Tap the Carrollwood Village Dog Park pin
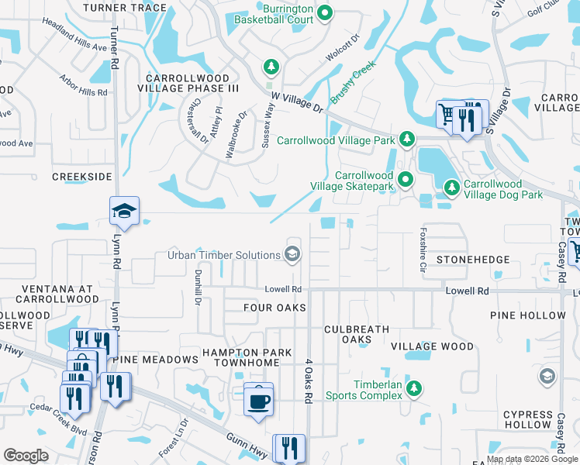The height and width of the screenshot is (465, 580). [x=451, y=188]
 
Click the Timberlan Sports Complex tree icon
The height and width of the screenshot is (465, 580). [x=414, y=388]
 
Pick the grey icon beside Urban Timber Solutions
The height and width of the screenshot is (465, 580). [x=292, y=254]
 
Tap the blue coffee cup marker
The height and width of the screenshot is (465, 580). [x=259, y=401]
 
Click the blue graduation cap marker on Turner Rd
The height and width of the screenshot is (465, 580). [x=123, y=211]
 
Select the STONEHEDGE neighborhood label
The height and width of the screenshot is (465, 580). [x=473, y=259]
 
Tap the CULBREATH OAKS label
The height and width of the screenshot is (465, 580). [x=357, y=334]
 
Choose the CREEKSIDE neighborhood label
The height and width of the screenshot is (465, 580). [x=82, y=177]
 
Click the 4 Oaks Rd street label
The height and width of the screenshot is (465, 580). [x=308, y=380]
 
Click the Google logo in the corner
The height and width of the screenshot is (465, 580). [x=26, y=456]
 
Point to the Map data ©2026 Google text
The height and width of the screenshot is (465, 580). [x=531, y=459]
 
